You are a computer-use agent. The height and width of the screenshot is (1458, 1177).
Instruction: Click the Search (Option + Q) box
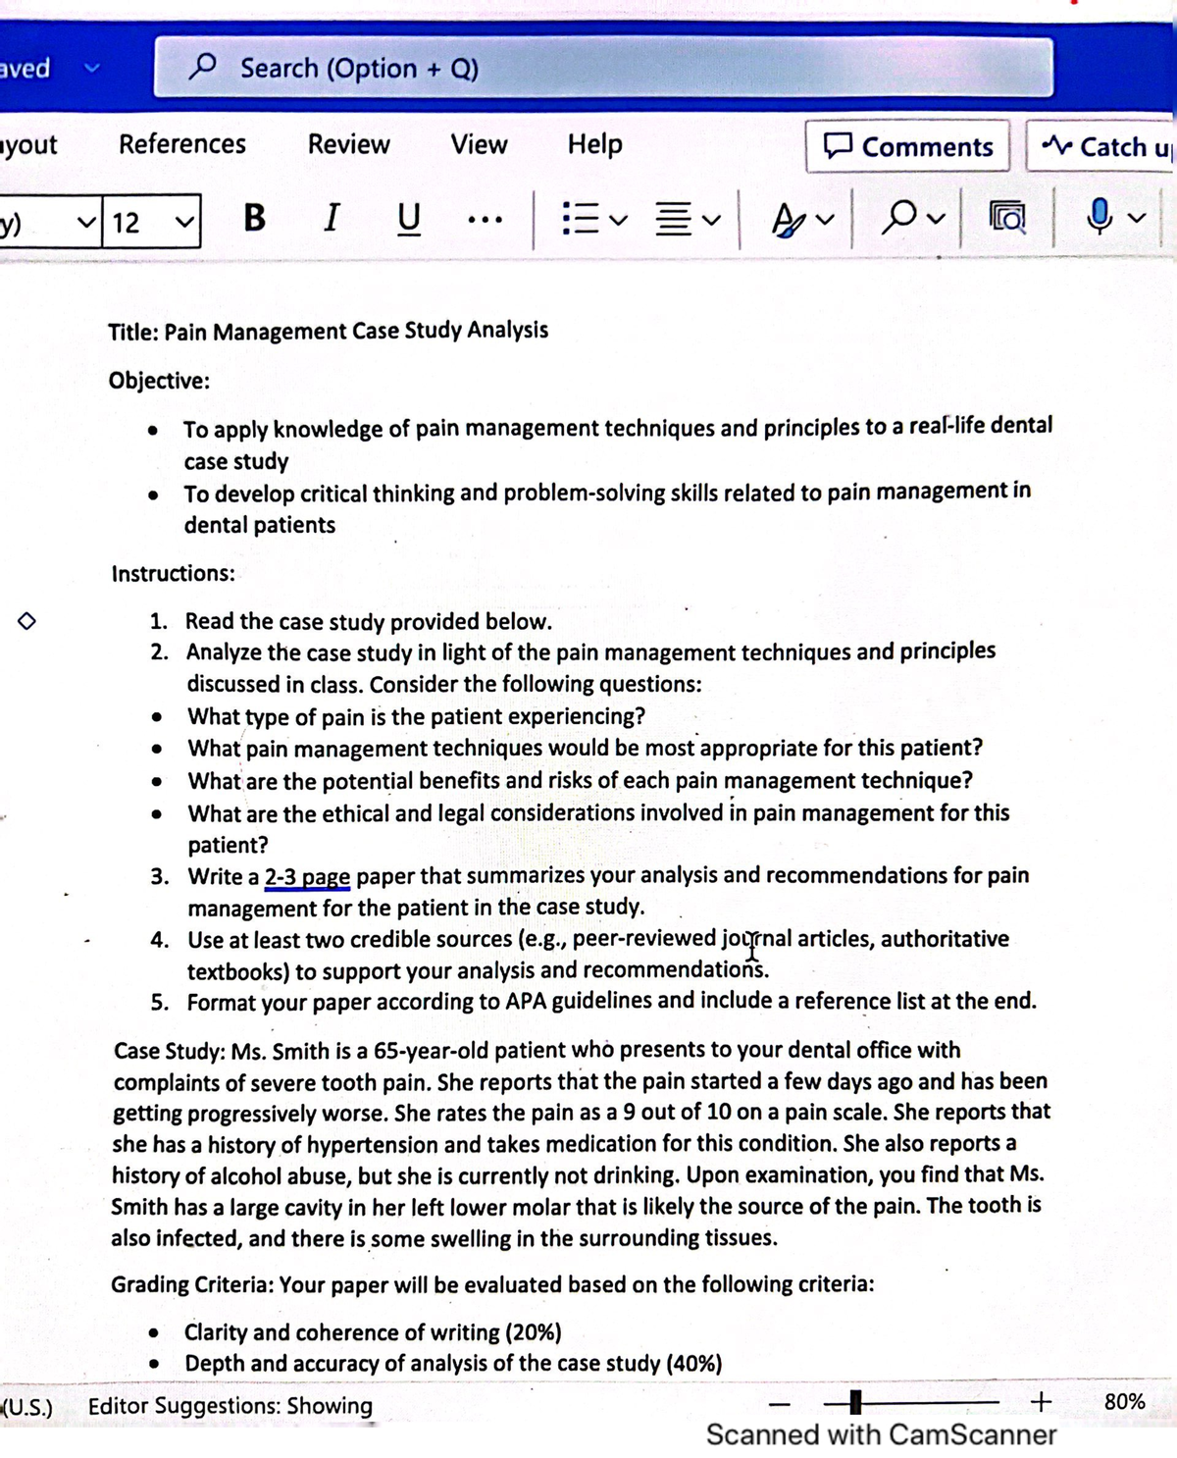[x=602, y=68]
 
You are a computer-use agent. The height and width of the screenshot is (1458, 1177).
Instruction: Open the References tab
[x=182, y=144]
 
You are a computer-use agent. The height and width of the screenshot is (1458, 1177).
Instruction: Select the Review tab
[x=348, y=144]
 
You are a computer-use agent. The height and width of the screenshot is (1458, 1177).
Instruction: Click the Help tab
[x=594, y=144]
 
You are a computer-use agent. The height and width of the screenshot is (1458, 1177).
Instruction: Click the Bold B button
[x=254, y=218]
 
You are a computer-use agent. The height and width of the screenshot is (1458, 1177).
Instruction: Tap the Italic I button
[x=332, y=218]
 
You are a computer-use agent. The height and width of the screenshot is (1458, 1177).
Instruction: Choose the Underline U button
[x=408, y=218]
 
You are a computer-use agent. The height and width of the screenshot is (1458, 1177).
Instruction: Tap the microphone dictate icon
[x=1100, y=217]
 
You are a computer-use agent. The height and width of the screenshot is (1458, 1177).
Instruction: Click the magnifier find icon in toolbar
[x=899, y=218]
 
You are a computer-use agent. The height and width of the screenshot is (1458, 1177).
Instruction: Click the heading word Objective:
[x=159, y=381]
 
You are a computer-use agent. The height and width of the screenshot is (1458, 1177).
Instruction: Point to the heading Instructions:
[x=173, y=574]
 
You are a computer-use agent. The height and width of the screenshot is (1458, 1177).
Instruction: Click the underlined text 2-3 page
[x=307, y=876]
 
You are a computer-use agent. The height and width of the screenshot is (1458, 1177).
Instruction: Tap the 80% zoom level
[x=1124, y=1402]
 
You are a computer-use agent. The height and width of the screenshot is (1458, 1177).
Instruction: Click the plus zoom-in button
[x=1042, y=1402]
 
